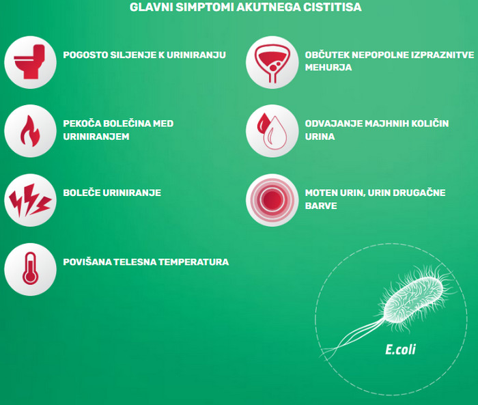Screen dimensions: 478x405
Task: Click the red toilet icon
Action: pos(29,62)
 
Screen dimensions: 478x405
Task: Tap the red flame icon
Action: pos(30,131)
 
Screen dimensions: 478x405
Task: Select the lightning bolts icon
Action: pos(29,200)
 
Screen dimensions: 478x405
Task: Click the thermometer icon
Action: pos(30,268)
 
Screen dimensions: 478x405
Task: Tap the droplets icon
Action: pos(272,131)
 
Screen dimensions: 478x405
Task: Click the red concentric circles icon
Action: pos(272,200)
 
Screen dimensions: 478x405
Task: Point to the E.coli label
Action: pos(400,350)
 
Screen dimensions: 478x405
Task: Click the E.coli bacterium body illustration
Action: pos(413,298)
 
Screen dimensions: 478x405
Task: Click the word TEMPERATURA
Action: pos(193,262)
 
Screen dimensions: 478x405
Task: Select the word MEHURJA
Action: pos(328,67)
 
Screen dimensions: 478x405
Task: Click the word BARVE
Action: pos(321,206)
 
